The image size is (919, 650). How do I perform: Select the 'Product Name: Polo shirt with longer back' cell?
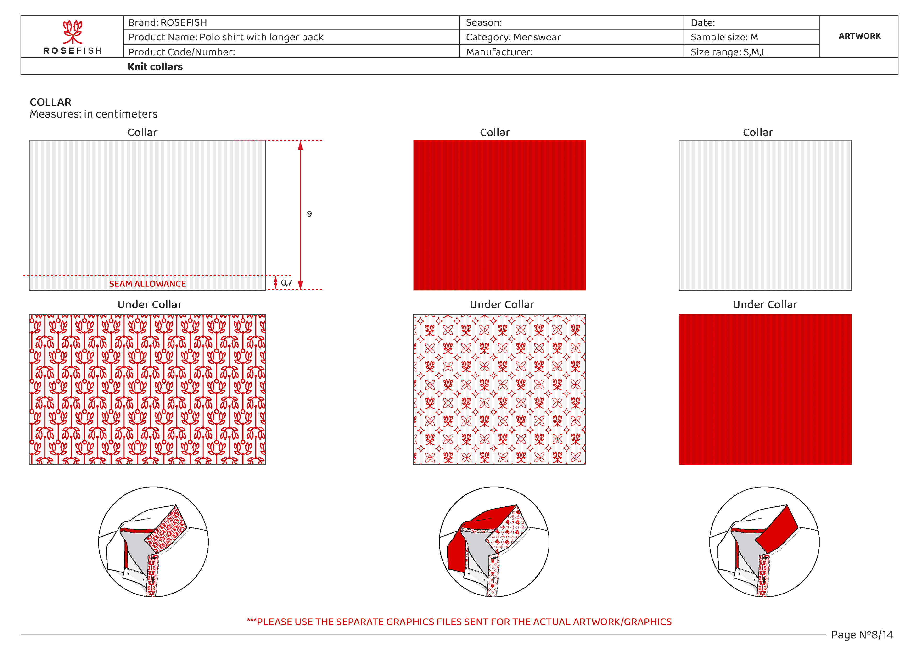(225, 37)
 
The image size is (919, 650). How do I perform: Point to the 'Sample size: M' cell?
(724, 37)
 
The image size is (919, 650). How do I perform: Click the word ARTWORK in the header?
(859, 36)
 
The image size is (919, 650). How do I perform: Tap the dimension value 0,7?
(286, 283)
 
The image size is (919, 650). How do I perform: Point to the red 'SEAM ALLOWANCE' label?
(147, 284)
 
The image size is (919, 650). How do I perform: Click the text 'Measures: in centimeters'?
(93, 114)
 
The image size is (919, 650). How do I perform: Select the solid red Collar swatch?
(499, 215)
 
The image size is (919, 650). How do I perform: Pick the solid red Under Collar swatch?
(765, 389)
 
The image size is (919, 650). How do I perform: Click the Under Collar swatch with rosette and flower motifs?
(499, 389)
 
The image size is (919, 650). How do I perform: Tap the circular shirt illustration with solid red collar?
(764, 542)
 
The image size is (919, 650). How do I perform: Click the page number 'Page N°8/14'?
(862, 635)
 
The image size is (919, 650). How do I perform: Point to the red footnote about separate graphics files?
(459, 622)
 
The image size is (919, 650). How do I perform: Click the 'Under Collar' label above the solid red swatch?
(765, 305)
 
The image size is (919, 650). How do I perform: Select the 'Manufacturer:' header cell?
(499, 52)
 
